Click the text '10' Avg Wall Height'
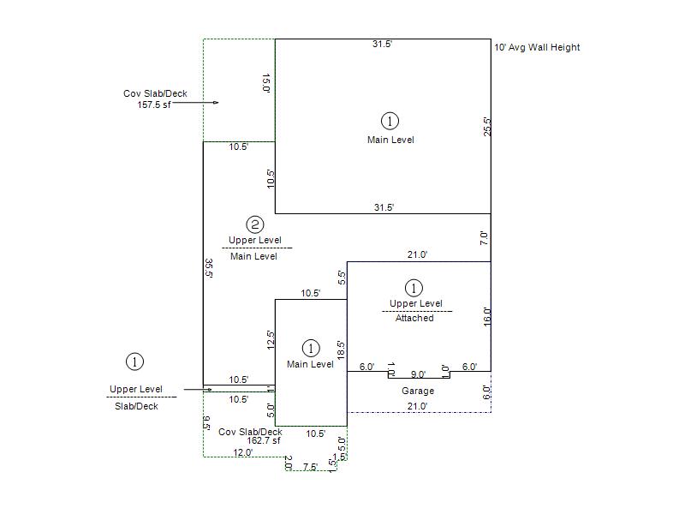tap(537, 47)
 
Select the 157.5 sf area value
tap(154, 105)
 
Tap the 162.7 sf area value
tap(264, 440)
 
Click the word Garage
tap(418, 391)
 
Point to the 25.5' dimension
tap(487, 127)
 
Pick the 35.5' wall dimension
tap(209, 268)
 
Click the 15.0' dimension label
tap(266, 83)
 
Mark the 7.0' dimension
tap(484, 238)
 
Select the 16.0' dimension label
tap(487, 317)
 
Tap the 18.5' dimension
tap(341, 350)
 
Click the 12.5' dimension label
tap(271, 339)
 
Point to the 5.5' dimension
tap(342, 278)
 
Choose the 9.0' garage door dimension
tap(418, 374)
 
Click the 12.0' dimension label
tap(243, 452)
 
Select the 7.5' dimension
tap(310, 467)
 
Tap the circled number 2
tap(255, 224)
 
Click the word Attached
tap(414, 318)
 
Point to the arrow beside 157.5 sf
tap(195, 103)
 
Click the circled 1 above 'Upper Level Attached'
tap(414, 288)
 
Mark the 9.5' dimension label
tap(207, 423)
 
